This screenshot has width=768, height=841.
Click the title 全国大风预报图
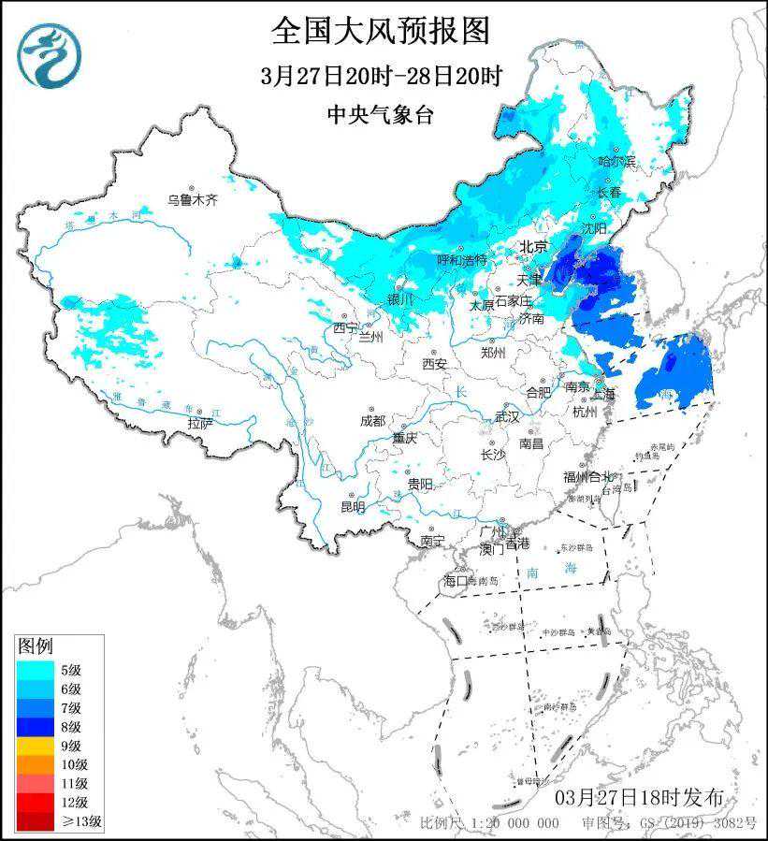click(381, 31)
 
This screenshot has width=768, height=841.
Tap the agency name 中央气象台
click(381, 114)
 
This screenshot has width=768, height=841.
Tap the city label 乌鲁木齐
click(192, 200)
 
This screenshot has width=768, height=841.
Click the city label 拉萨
click(200, 423)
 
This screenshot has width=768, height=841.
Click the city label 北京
click(533, 247)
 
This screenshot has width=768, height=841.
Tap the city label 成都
click(372, 421)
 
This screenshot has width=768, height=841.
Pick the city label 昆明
click(353, 507)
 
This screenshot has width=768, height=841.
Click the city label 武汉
click(506, 416)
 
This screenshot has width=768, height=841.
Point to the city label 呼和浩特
click(462, 259)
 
